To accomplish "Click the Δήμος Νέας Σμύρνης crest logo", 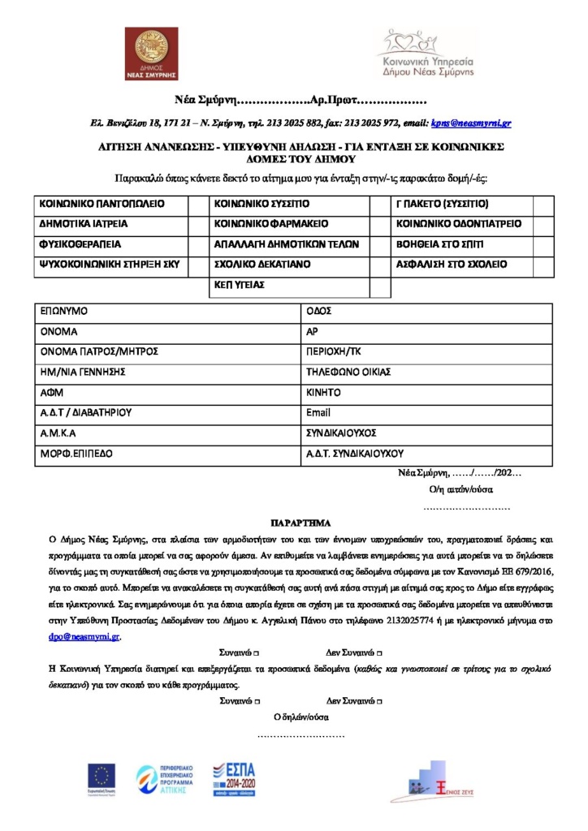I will click(x=150, y=54).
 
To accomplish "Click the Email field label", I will click(x=318, y=413).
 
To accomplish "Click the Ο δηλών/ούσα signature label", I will click(x=300, y=717).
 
